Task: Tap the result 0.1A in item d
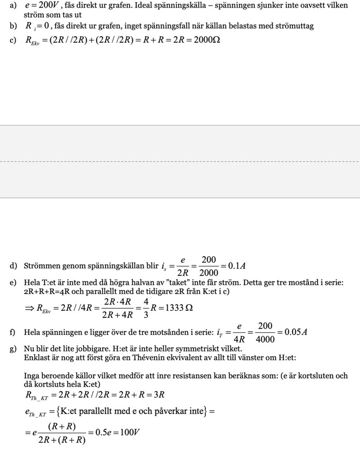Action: coord(237,266)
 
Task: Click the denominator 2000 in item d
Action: coord(208,273)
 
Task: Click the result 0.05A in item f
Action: coord(292,332)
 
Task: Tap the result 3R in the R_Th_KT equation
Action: coord(158,395)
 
